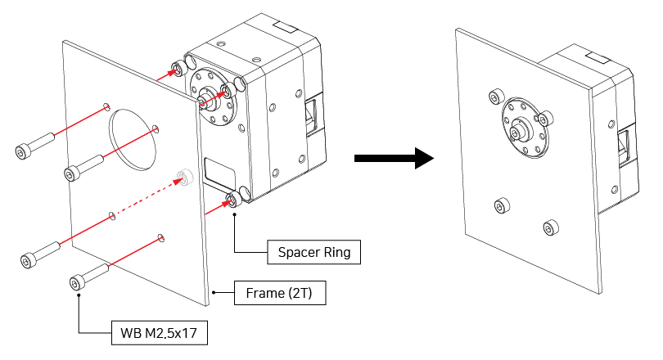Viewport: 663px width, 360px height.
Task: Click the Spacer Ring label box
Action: coord(315,252)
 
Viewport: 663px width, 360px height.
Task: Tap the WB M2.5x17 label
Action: coord(158,333)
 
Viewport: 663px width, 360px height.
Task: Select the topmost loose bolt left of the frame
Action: coord(25,150)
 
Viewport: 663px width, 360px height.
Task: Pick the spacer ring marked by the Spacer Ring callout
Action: coord(232,200)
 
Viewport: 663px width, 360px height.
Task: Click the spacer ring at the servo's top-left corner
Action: coord(176,67)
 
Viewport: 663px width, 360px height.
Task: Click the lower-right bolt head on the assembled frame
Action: coord(551,225)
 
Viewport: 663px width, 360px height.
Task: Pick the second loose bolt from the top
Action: coord(74,173)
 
